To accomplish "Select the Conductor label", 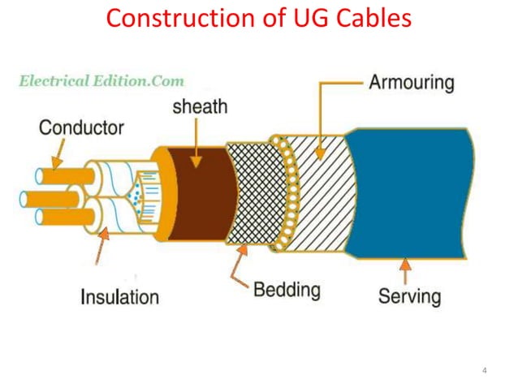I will (81, 127).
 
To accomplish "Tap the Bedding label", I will (286, 290).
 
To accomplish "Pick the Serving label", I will (409, 295).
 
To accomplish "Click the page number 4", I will (484, 372).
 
